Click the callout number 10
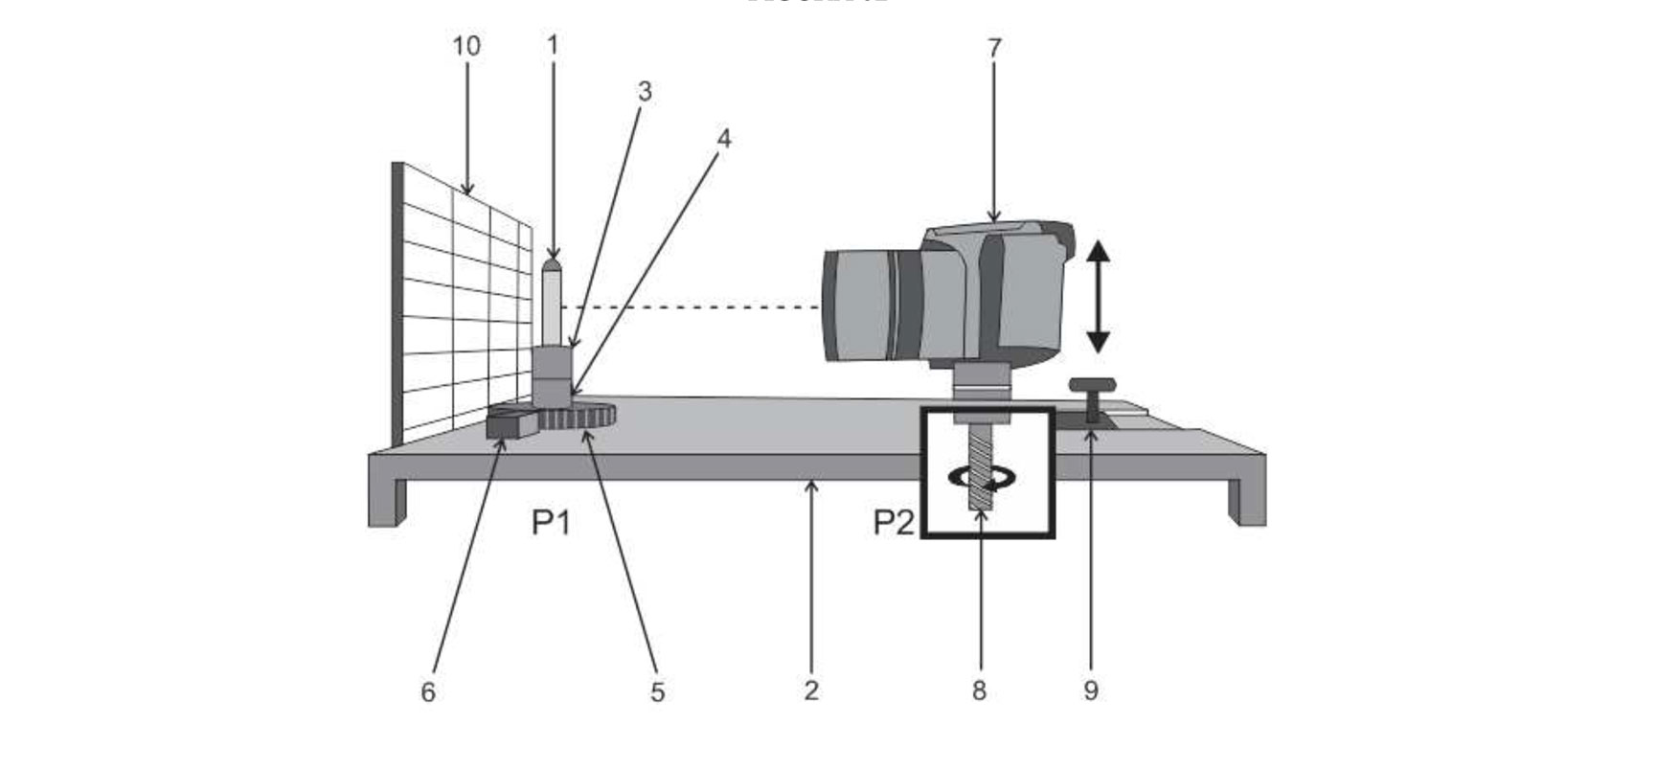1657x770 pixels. click(x=466, y=46)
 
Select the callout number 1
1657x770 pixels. click(x=553, y=45)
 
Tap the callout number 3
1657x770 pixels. click(x=645, y=92)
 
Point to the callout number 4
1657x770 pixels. click(x=724, y=140)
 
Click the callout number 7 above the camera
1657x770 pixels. click(x=994, y=47)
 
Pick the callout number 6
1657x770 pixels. click(x=428, y=691)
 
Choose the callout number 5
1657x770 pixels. click(x=657, y=691)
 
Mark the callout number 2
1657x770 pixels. click(x=811, y=691)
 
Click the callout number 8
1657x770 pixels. click(x=979, y=691)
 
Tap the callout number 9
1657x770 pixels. click(x=1091, y=691)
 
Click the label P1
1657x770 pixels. click(x=552, y=523)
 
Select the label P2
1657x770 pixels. click(x=893, y=523)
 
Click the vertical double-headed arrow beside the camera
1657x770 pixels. click(x=1099, y=296)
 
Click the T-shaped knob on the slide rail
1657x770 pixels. click(x=1093, y=393)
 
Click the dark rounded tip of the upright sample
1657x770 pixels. click(x=552, y=263)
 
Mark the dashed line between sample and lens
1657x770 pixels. click(x=690, y=307)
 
